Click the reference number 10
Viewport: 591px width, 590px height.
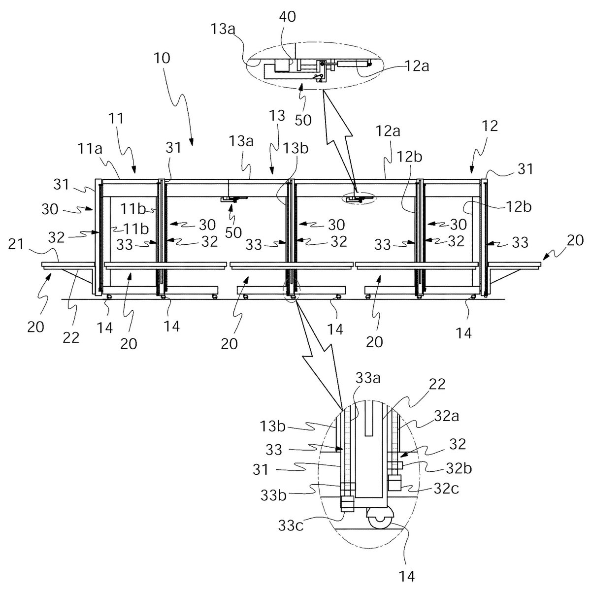tap(162, 58)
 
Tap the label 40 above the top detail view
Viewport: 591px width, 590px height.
tap(287, 17)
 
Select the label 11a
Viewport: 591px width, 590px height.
tap(90, 149)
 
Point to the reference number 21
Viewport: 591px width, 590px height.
tap(16, 244)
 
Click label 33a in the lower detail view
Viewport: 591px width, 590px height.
tap(368, 378)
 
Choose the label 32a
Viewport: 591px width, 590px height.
tap(447, 417)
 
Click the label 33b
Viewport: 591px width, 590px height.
tap(273, 495)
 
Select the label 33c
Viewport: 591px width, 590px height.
tap(291, 525)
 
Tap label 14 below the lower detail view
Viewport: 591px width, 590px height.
tap(407, 577)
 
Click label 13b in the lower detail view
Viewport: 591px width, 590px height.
tap(273, 426)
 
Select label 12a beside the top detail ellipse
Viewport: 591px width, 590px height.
tap(417, 66)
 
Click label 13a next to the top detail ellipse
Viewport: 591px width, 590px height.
tap(223, 29)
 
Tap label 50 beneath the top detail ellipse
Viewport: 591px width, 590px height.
tap(303, 120)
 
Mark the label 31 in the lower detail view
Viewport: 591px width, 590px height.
tap(261, 470)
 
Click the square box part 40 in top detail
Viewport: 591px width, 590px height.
tap(282, 66)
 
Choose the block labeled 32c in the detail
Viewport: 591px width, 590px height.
tap(394, 483)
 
